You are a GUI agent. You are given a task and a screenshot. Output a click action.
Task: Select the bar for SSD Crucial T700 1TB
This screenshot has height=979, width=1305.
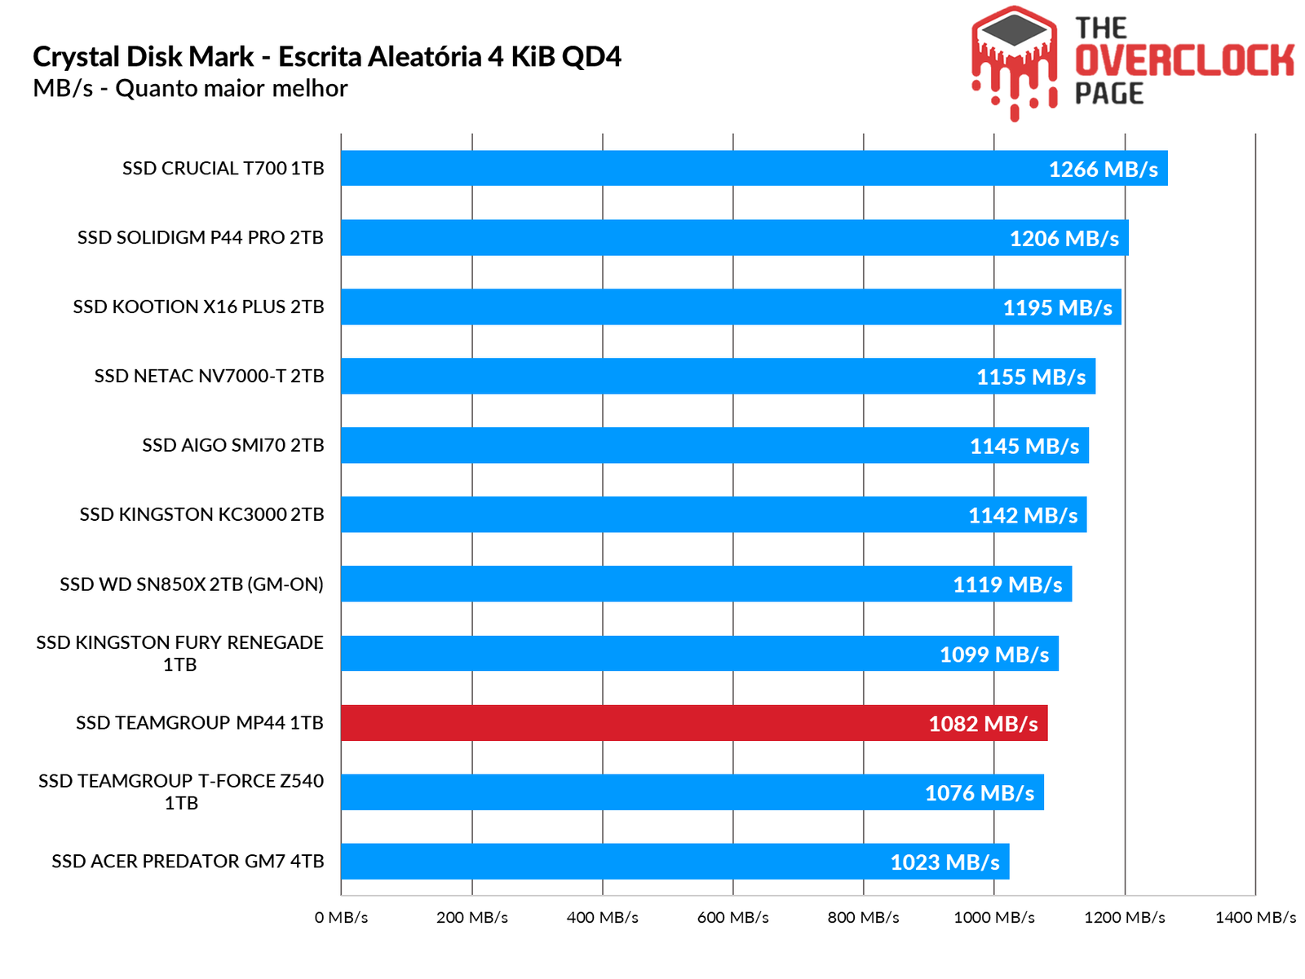(693, 169)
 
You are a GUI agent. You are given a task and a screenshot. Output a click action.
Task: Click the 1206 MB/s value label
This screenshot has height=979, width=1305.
(1064, 238)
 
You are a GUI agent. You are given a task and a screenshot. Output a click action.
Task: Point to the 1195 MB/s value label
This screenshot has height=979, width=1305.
(1057, 307)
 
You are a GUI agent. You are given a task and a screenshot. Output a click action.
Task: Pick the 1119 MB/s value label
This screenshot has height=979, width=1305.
(1007, 584)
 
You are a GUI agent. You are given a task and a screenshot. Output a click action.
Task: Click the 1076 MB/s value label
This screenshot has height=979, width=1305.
(979, 792)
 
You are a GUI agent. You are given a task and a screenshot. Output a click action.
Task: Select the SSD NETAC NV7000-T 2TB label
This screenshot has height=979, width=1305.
(209, 376)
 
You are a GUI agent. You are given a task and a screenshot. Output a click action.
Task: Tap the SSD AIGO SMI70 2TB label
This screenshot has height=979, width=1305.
(232, 445)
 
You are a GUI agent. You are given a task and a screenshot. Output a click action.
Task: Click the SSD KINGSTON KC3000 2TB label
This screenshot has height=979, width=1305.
(201, 514)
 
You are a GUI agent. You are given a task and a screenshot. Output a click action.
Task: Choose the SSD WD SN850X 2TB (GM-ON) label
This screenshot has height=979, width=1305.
(191, 584)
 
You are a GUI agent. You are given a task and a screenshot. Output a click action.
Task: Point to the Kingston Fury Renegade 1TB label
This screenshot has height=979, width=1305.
(179, 653)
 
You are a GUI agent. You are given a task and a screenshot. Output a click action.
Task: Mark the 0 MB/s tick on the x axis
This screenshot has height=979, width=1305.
(341, 917)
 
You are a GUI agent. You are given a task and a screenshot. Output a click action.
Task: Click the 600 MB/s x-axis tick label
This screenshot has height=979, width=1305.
(732, 917)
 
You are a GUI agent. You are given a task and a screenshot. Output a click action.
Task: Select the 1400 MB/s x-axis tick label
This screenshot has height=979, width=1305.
(1254, 917)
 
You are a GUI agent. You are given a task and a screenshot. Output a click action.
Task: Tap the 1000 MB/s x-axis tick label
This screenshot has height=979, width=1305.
(993, 917)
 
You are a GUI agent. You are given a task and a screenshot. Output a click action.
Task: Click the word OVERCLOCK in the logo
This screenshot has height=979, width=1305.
(1184, 61)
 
